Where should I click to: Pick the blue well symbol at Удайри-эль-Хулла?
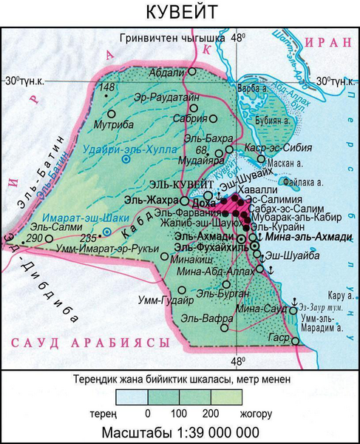coord(126,158)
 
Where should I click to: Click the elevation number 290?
coord(34,238)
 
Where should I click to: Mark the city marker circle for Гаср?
coord(296,341)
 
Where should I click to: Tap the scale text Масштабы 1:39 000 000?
coord(180,431)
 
